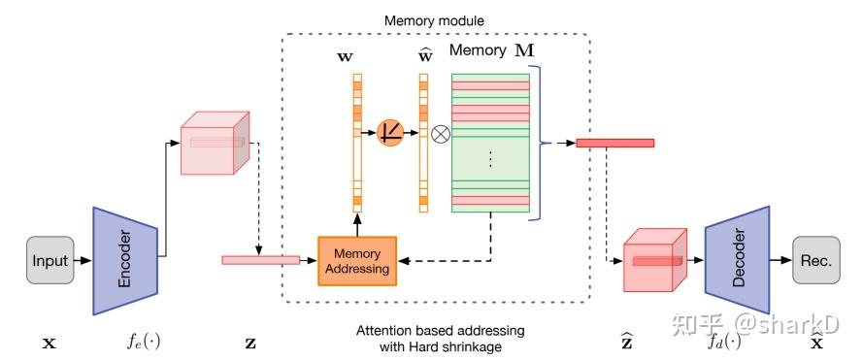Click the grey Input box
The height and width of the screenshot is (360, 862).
click(50, 260)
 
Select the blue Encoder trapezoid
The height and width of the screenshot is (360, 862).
click(125, 260)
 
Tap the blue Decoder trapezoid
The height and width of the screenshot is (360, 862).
click(737, 260)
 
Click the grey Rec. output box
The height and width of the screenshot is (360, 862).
click(815, 260)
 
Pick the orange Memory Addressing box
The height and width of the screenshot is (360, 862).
click(358, 260)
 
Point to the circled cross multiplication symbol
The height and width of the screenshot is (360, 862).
click(440, 135)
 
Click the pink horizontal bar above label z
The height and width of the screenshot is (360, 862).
click(260, 259)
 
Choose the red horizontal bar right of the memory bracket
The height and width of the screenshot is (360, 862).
click(614, 143)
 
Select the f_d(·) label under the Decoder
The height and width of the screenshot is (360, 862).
click(722, 343)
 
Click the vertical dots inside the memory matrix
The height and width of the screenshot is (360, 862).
click(490, 158)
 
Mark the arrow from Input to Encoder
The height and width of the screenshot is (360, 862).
click(84, 260)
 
